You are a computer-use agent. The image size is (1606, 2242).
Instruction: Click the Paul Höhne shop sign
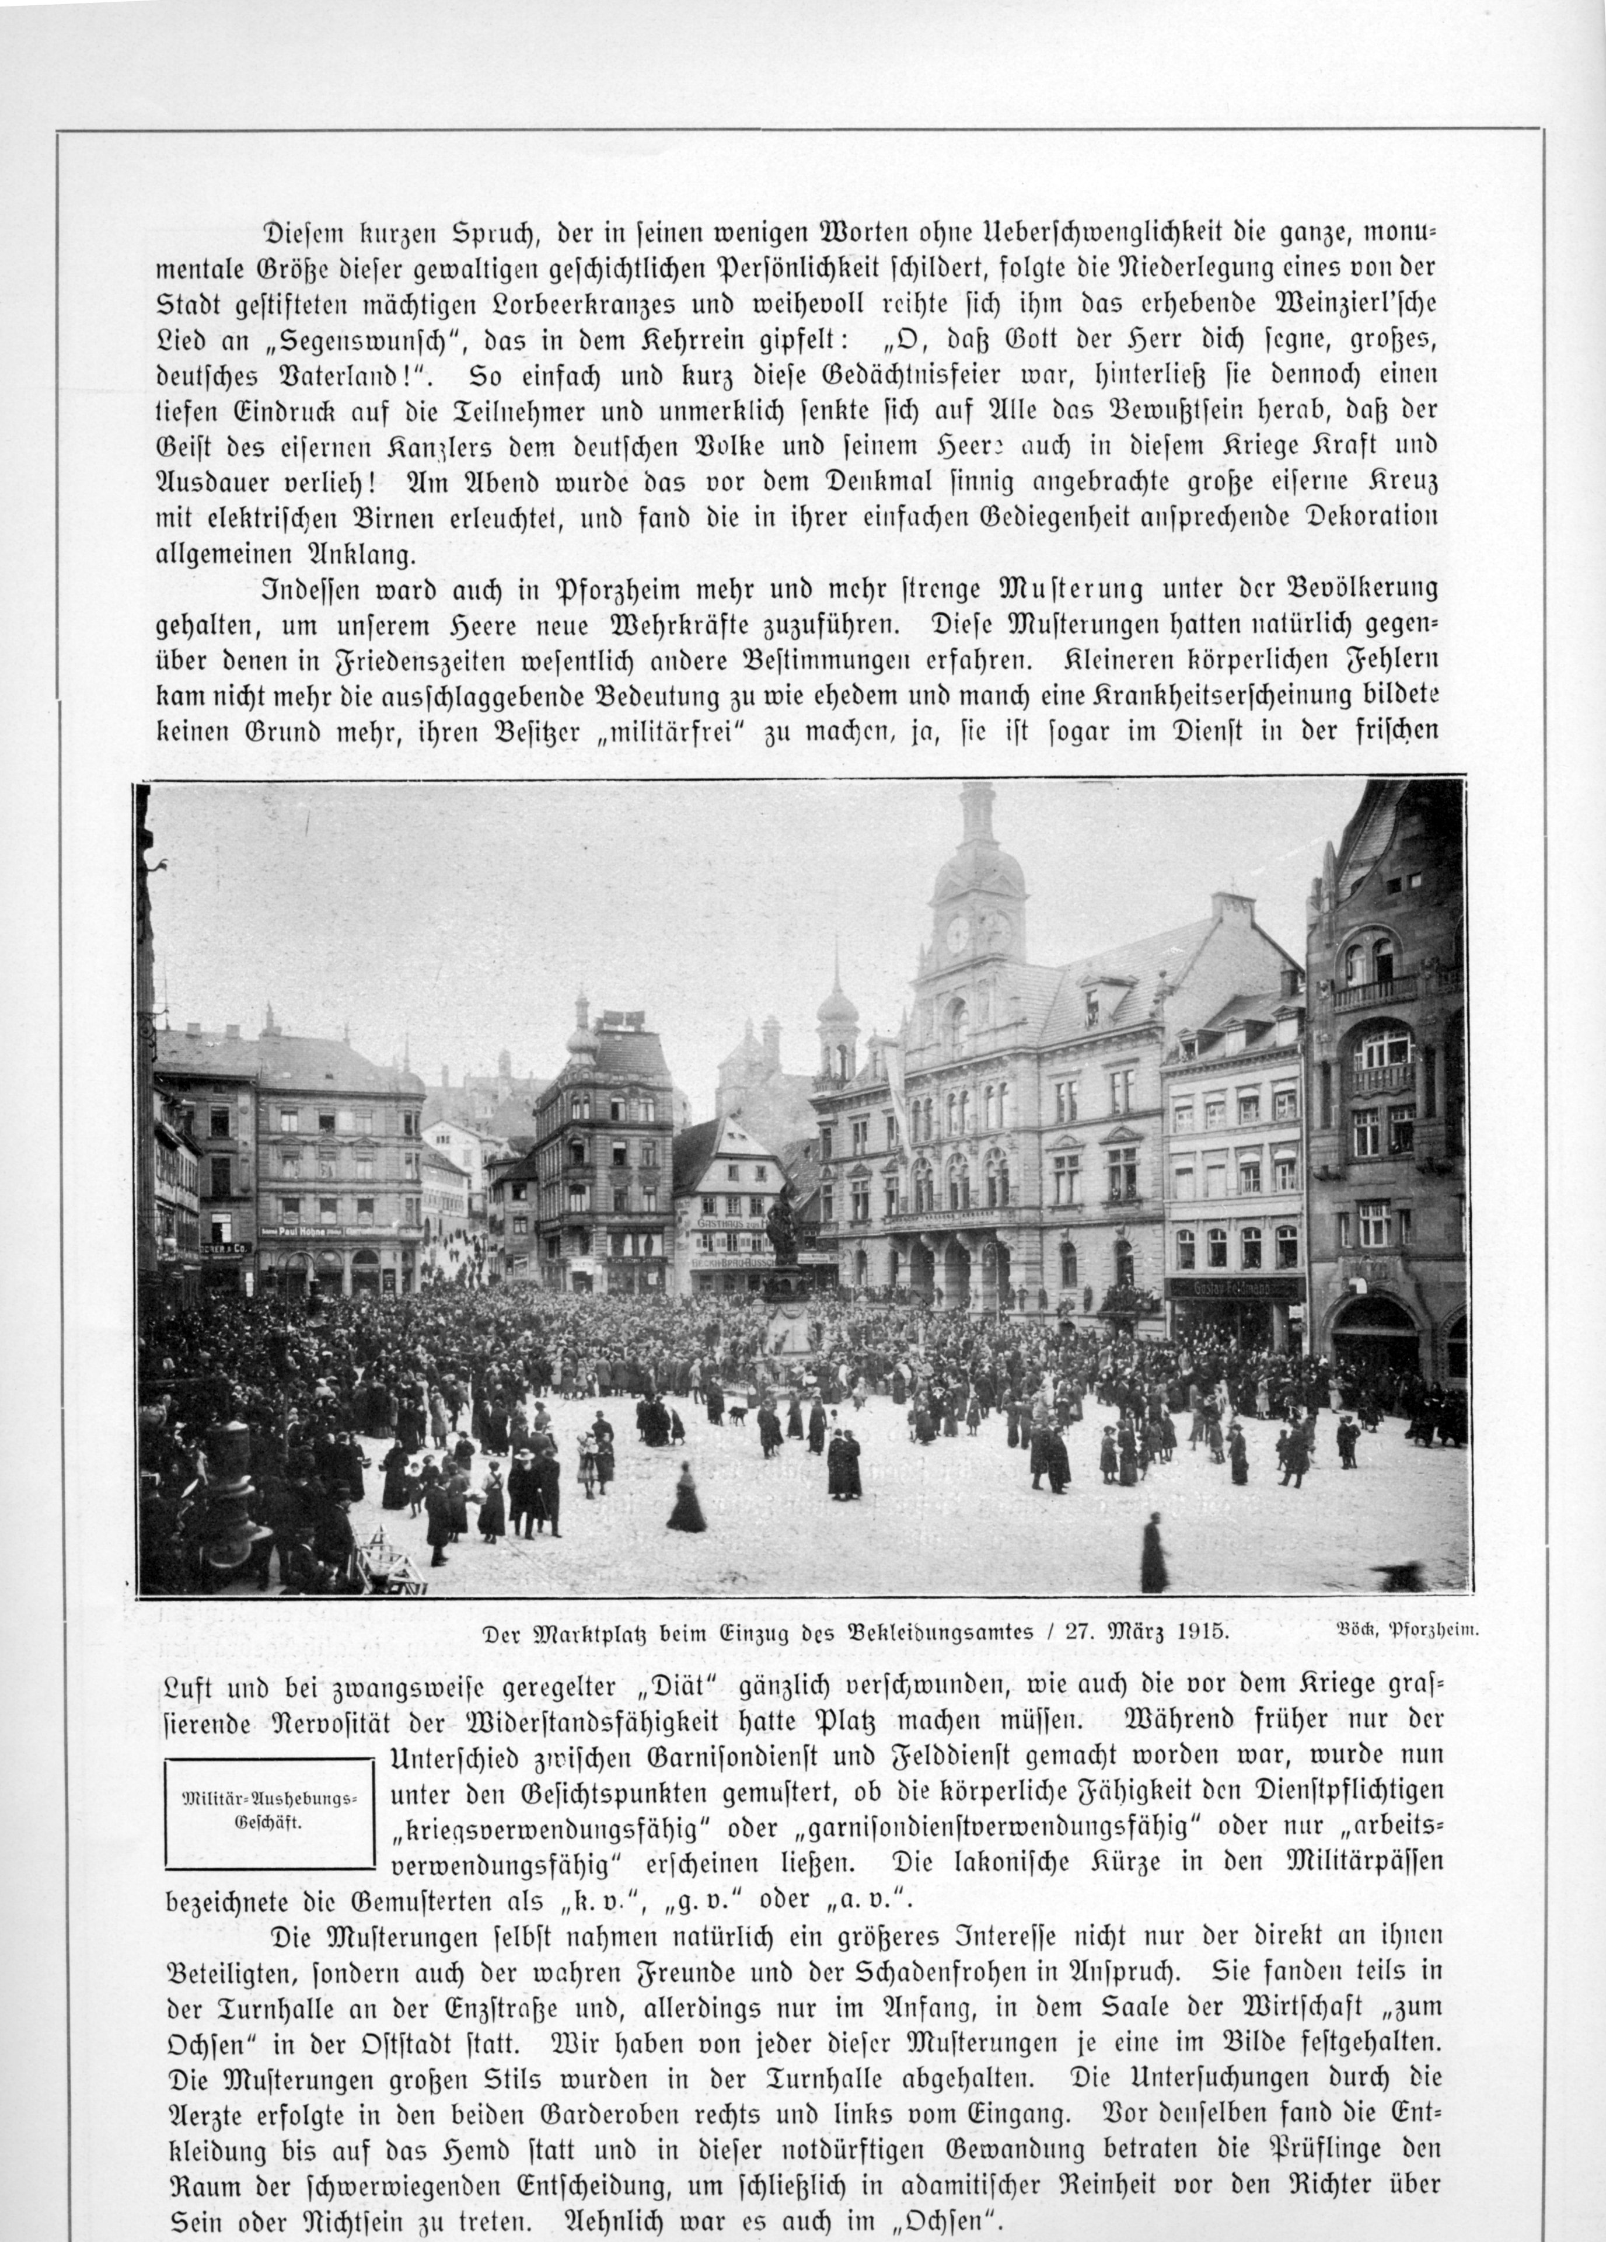pos(306,1232)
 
